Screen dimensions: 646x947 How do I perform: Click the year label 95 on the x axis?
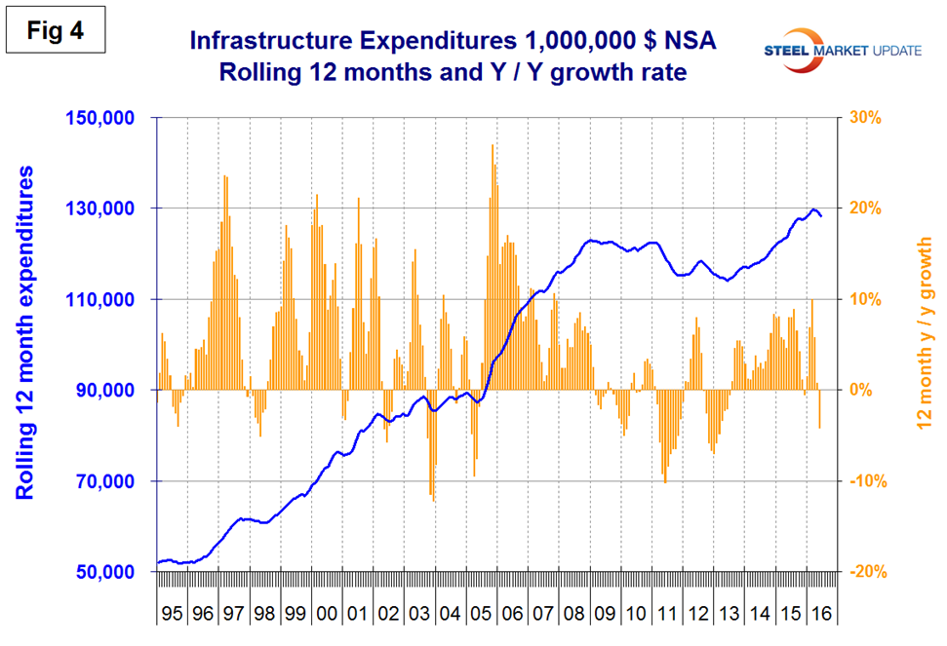pyautogui.click(x=172, y=615)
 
